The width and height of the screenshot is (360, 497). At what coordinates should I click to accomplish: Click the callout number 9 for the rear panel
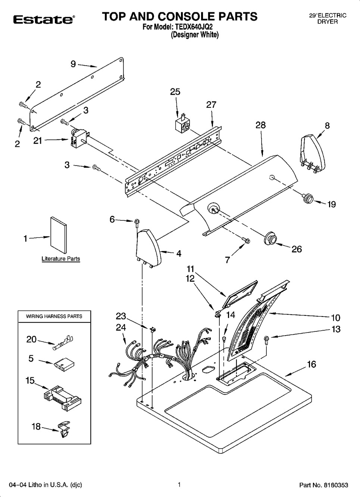[73, 64]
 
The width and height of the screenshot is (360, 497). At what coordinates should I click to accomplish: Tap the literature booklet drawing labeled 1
[59, 235]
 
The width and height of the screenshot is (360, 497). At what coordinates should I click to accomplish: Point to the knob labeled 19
[308, 198]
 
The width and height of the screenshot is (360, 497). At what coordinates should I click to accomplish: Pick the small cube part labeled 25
[182, 124]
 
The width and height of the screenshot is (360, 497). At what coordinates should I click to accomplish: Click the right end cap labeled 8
[313, 153]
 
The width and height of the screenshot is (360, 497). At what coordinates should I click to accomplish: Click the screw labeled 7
[245, 240]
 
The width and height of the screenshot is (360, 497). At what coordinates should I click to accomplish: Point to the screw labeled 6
[137, 222]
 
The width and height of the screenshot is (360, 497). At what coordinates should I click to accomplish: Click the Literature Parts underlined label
[60, 259]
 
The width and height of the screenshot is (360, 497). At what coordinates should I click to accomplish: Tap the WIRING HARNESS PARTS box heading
[54, 316]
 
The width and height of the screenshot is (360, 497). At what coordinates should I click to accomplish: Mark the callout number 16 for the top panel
[311, 364]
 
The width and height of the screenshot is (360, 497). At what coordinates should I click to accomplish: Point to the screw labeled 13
[267, 339]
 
